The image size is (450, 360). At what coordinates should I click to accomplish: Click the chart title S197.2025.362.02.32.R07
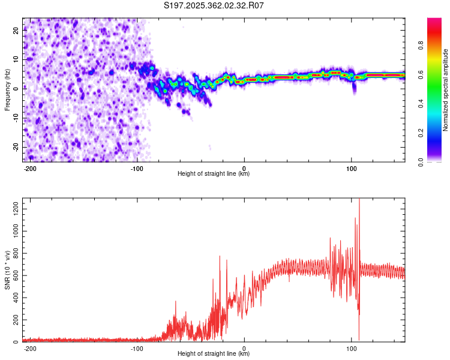[x=214, y=5]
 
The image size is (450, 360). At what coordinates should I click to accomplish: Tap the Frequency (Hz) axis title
[x=7, y=90]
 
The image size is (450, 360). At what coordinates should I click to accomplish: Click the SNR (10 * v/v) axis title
[x=7, y=270]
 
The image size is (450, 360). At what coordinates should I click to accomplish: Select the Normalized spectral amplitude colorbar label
[x=445, y=90]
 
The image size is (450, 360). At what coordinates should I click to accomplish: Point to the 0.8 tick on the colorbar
[x=421, y=46]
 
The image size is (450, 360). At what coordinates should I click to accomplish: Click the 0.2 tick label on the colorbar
[x=421, y=133]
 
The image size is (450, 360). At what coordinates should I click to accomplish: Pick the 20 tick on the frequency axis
[x=16, y=30]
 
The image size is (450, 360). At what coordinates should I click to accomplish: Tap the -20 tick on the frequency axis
[x=16, y=147]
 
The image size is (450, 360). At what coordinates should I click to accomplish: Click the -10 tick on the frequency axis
[x=16, y=118]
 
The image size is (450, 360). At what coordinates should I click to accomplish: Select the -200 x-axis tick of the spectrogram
[x=29, y=169]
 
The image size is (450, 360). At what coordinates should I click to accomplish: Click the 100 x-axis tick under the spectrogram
[x=351, y=169]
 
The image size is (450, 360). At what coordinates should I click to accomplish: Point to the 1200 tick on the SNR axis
[x=16, y=209]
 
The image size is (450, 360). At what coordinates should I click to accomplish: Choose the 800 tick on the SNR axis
[x=16, y=253]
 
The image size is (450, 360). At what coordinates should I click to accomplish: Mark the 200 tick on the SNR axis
[x=16, y=320]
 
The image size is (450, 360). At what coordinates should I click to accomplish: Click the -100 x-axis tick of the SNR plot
[x=137, y=349]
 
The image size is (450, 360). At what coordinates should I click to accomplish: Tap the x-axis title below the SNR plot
[x=214, y=353]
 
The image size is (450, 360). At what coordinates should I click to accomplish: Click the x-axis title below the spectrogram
[x=214, y=173]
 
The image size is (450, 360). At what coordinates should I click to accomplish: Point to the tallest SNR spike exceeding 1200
[x=359, y=201]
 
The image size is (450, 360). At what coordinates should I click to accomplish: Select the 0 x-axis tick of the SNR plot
[x=244, y=349]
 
